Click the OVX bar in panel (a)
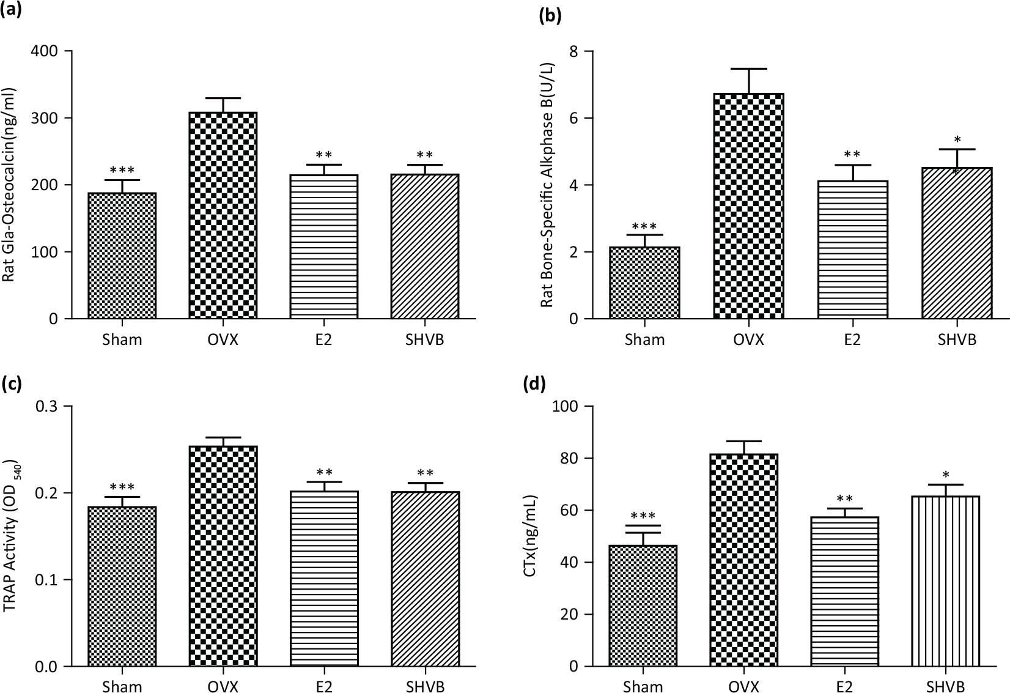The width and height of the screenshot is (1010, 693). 223,215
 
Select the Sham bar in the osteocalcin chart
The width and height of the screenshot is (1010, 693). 122,256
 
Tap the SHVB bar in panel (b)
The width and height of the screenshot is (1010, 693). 957,243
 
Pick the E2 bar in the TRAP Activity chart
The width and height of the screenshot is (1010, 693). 324,578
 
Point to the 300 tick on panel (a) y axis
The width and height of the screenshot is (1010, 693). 45,118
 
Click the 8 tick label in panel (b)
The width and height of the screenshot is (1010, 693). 572,51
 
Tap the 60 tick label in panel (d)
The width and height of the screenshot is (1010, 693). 567,511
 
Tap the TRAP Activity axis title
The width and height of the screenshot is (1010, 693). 11,536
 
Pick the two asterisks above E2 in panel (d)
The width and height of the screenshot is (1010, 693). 844,500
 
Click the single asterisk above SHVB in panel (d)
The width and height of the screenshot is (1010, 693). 945,475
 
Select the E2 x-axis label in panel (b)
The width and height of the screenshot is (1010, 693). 852,339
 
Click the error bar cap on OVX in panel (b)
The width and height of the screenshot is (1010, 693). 749,69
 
